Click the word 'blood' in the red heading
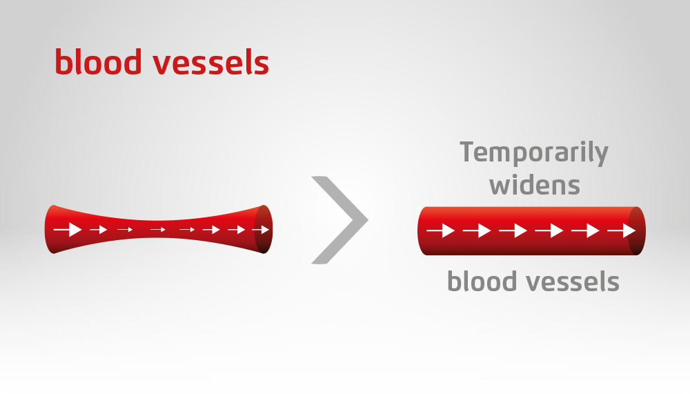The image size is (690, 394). pos(98,61)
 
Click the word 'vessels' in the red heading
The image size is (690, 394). pos(210,63)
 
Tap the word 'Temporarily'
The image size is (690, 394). pos(534,153)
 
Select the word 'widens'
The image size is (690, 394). pos(535,185)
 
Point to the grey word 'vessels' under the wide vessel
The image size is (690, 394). pos(573,281)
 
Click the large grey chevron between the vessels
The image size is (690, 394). pos(339,219)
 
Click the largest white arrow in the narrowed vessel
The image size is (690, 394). pos(68,229)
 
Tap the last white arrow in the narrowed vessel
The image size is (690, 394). pos(261,229)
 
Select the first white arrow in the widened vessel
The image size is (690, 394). pos(441,230)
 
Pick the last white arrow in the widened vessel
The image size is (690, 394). pos(622,230)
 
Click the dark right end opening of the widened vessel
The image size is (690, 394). pos(636,230)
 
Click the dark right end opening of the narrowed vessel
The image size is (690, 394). pos(264,229)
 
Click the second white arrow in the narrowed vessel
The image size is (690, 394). pos(99,229)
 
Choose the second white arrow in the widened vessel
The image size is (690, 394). pos(477,230)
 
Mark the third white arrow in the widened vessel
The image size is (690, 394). pos(513,230)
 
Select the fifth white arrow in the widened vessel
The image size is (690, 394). pos(585,230)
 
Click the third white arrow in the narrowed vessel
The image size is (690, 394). pos(125,229)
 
